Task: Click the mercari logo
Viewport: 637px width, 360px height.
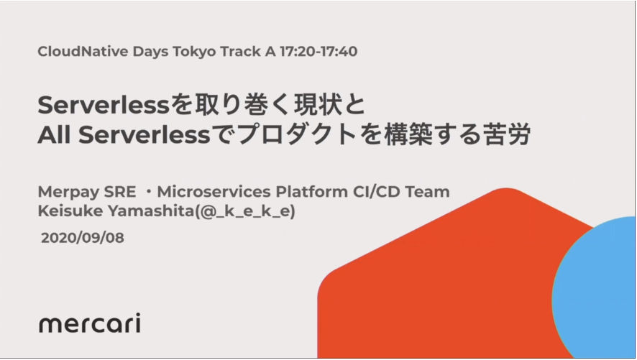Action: [x=90, y=323]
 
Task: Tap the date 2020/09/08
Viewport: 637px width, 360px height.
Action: [x=83, y=238]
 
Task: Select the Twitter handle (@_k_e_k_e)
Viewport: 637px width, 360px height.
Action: [x=245, y=211]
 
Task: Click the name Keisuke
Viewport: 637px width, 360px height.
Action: [x=70, y=211]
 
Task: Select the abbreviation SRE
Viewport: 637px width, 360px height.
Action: [x=120, y=192]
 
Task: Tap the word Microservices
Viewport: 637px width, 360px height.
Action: [x=214, y=192]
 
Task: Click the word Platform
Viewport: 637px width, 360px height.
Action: [x=311, y=192]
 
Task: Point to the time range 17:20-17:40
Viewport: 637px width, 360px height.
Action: [x=318, y=52]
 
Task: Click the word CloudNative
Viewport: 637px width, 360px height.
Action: [x=83, y=52]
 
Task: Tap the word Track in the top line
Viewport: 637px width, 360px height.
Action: [x=241, y=52]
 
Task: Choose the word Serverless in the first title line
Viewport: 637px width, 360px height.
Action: [x=104, y=105]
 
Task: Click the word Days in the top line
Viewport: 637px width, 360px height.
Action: [x=150, y=52]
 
